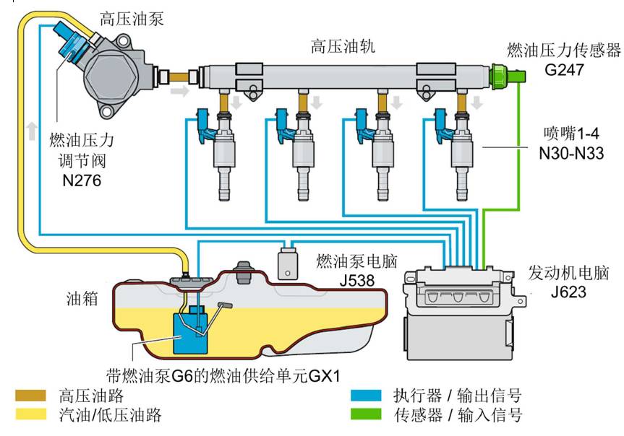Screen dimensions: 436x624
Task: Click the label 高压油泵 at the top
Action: point(132,18)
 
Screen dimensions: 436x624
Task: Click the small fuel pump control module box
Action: point(289,263)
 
